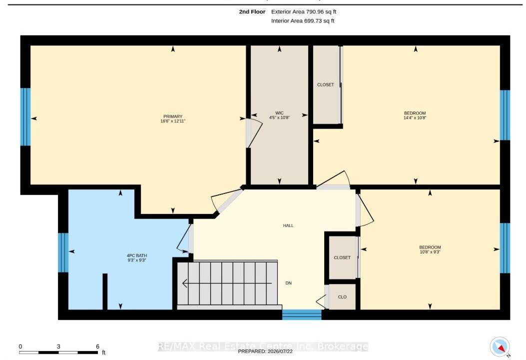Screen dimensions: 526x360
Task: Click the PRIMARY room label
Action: (173, 116)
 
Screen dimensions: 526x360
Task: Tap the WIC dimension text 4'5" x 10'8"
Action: (279, 117)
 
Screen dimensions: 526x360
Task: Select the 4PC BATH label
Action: (136, 255)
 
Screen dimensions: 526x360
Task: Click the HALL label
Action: (288, 225)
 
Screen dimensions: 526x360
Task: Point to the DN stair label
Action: (289, 283)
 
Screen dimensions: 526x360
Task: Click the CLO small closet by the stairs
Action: (342, 297)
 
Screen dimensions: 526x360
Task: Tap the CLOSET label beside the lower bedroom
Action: (342, 257)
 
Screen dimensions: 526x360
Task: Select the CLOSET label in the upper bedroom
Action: (325, 84)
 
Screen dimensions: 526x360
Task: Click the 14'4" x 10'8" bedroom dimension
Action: (415, 118)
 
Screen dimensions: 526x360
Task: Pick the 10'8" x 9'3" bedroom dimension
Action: (430, 252)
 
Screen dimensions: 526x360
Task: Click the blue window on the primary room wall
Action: (25, 117)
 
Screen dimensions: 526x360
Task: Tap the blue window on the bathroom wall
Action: (63, 252)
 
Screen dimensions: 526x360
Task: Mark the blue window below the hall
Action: (302, 314)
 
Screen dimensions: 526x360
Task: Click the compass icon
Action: (500, 347)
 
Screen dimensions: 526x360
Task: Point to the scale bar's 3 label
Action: (58, 346)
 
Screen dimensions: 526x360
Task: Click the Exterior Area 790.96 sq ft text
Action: (304, 12)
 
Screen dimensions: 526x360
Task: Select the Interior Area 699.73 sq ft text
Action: (303, 21)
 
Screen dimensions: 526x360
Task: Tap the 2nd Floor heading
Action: (252, 12)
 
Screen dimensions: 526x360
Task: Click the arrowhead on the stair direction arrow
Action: (184, 283)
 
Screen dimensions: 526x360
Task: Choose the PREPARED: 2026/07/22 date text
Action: (265, 351)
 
